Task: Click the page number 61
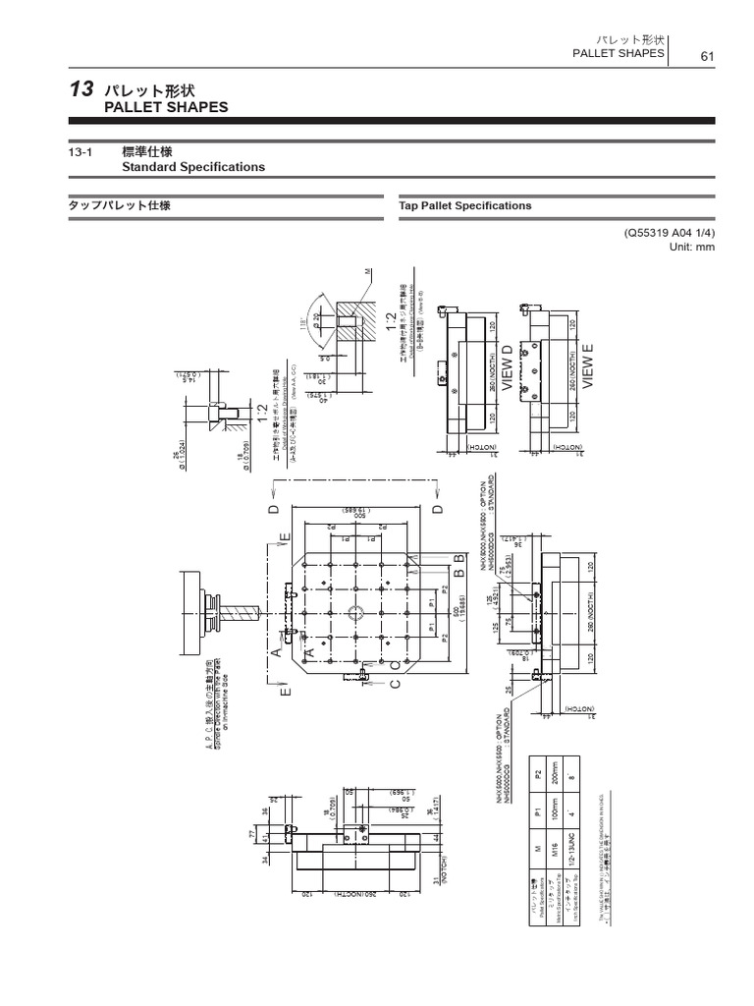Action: (x=706, y=56)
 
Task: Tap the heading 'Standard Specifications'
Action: (x=192, y=167)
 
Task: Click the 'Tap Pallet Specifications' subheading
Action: (x=465, y=205)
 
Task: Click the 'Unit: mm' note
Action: (x=692, y=247)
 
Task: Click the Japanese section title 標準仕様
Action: (x=146, y=151)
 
